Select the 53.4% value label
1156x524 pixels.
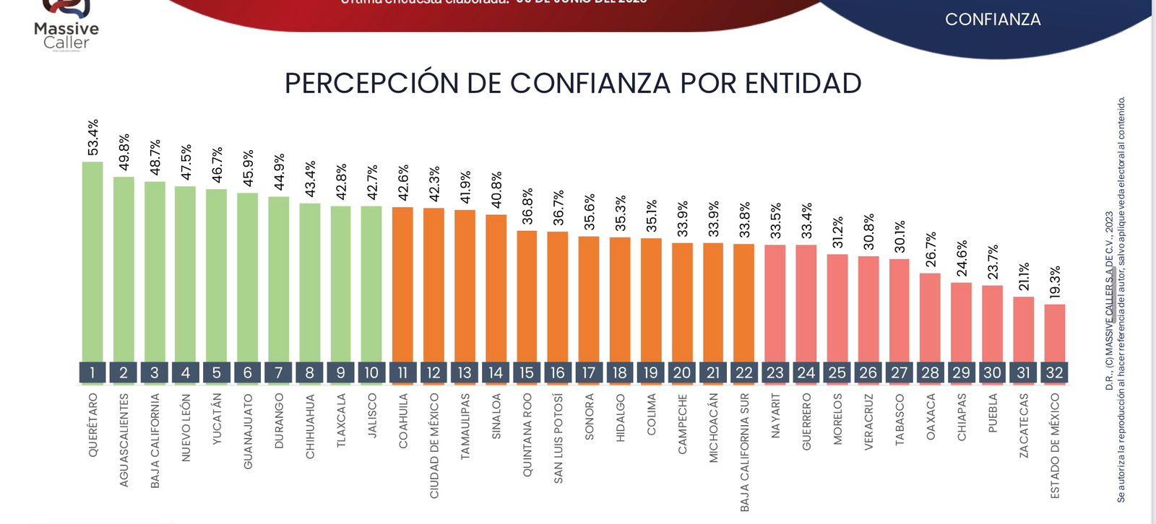92,137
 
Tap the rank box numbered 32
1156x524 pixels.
1054,372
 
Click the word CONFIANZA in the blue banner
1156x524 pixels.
993,19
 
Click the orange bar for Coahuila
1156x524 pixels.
402,284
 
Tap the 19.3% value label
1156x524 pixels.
1054,282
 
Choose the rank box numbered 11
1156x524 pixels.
402,372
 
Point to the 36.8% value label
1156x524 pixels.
527,206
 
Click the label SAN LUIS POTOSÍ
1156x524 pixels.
558,438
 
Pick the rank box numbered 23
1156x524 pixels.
775,372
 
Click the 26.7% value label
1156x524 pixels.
931,249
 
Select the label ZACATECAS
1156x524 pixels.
1024,425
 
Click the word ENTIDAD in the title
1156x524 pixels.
803,83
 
